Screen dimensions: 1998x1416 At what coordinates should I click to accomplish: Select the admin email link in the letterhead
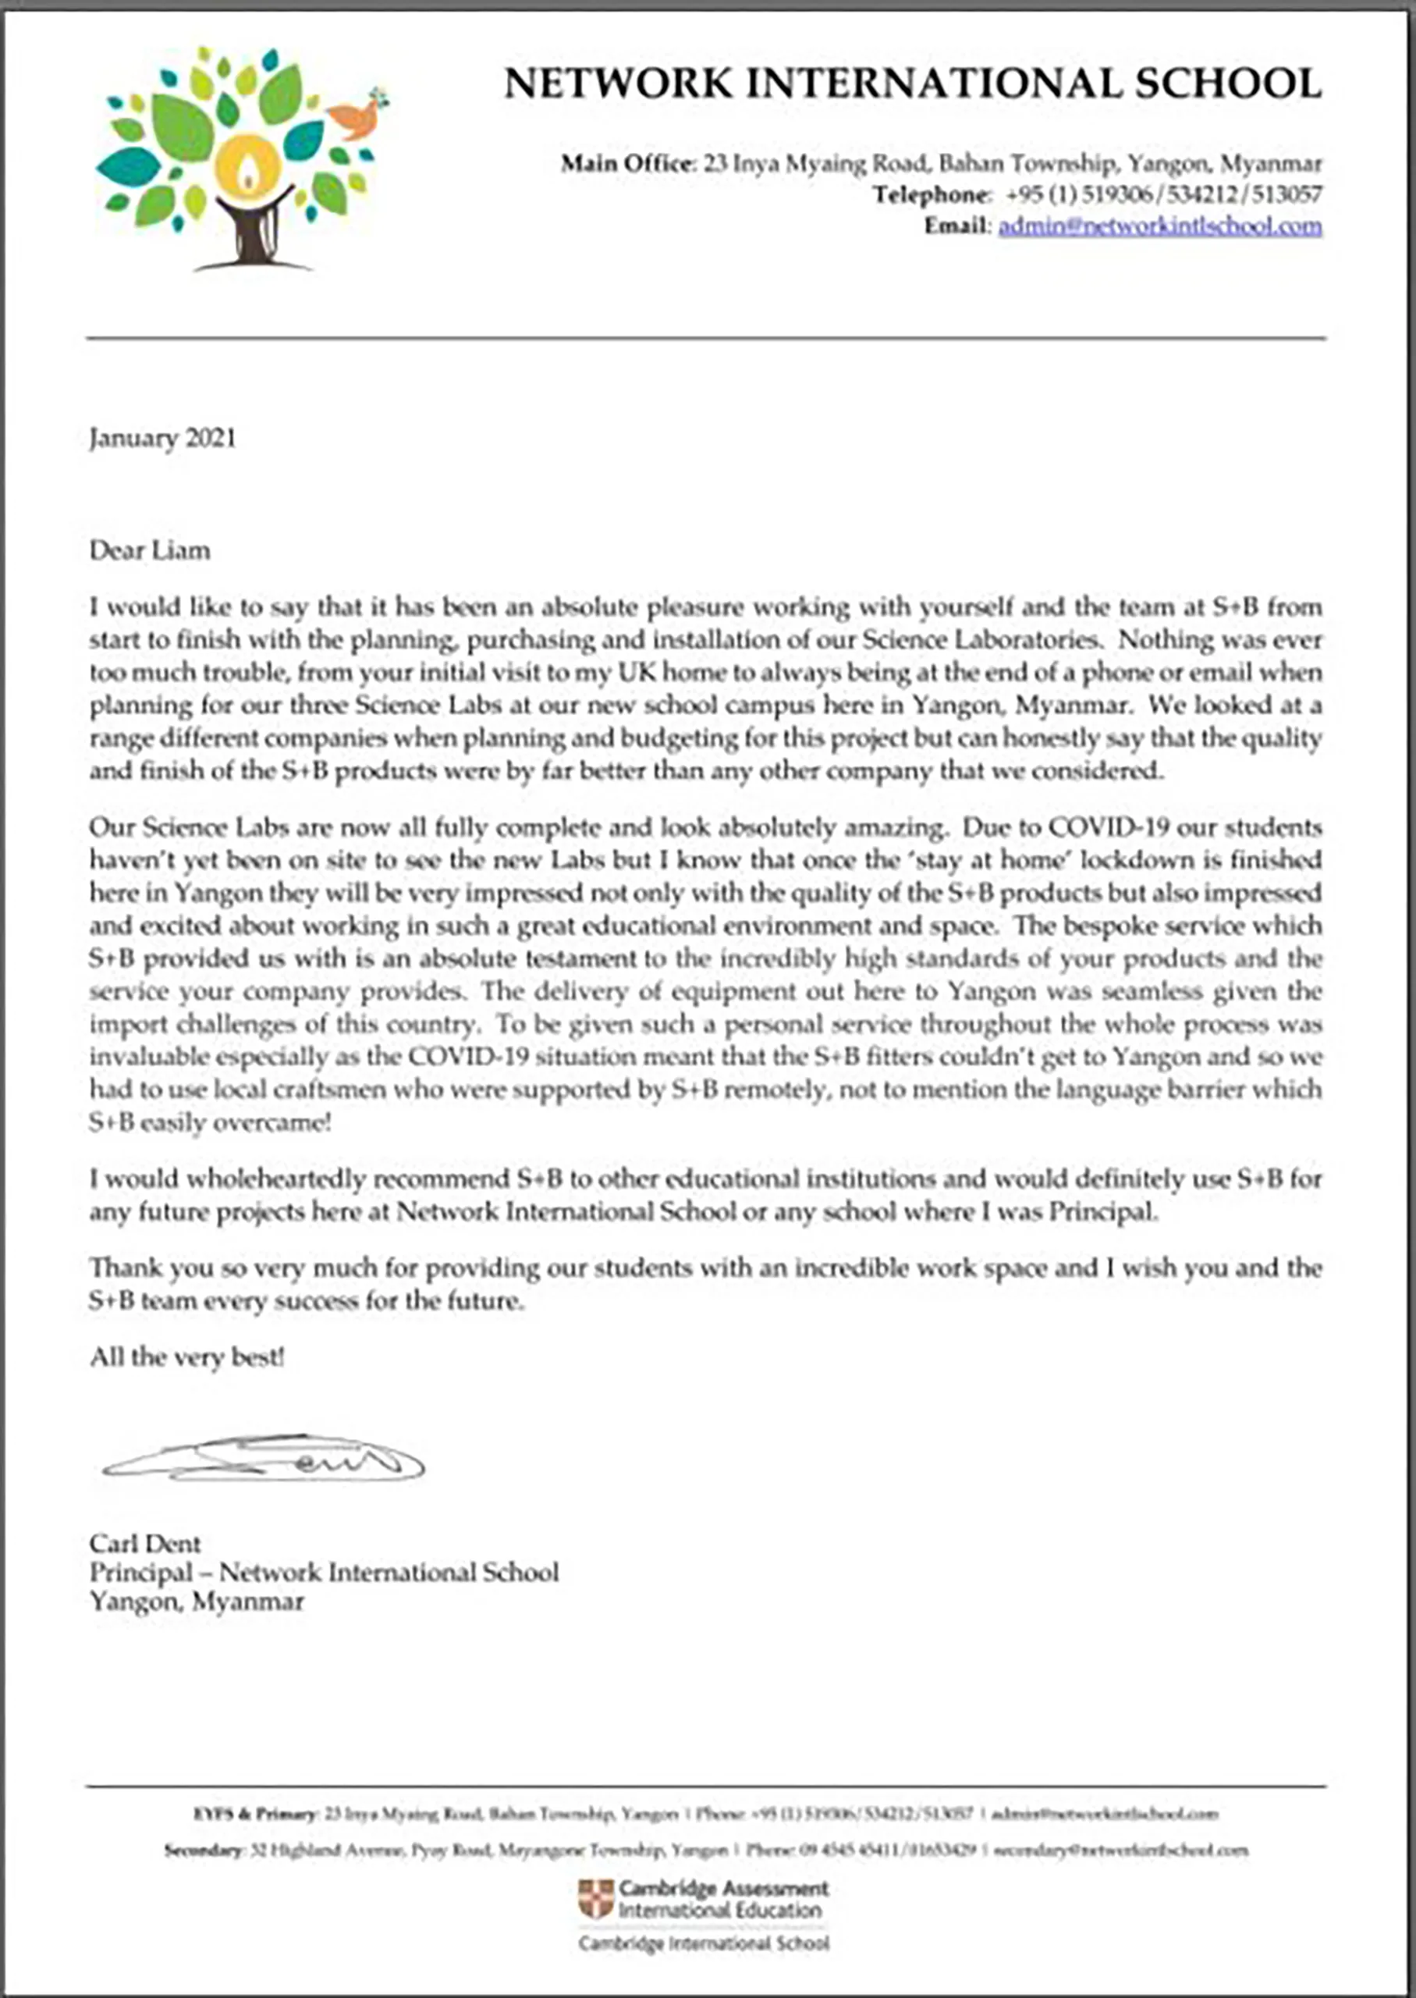1159,227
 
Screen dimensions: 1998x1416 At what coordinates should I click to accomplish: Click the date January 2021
162,438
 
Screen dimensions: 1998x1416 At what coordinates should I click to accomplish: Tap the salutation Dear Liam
150,551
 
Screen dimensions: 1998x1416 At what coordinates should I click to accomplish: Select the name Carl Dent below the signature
145,1545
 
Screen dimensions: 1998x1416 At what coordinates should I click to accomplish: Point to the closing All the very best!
186,1358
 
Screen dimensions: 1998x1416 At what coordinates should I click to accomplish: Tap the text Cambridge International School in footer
704,1943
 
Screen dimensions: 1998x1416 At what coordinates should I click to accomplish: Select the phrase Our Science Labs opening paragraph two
183,827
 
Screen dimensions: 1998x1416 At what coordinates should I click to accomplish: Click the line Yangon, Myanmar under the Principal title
196,1602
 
